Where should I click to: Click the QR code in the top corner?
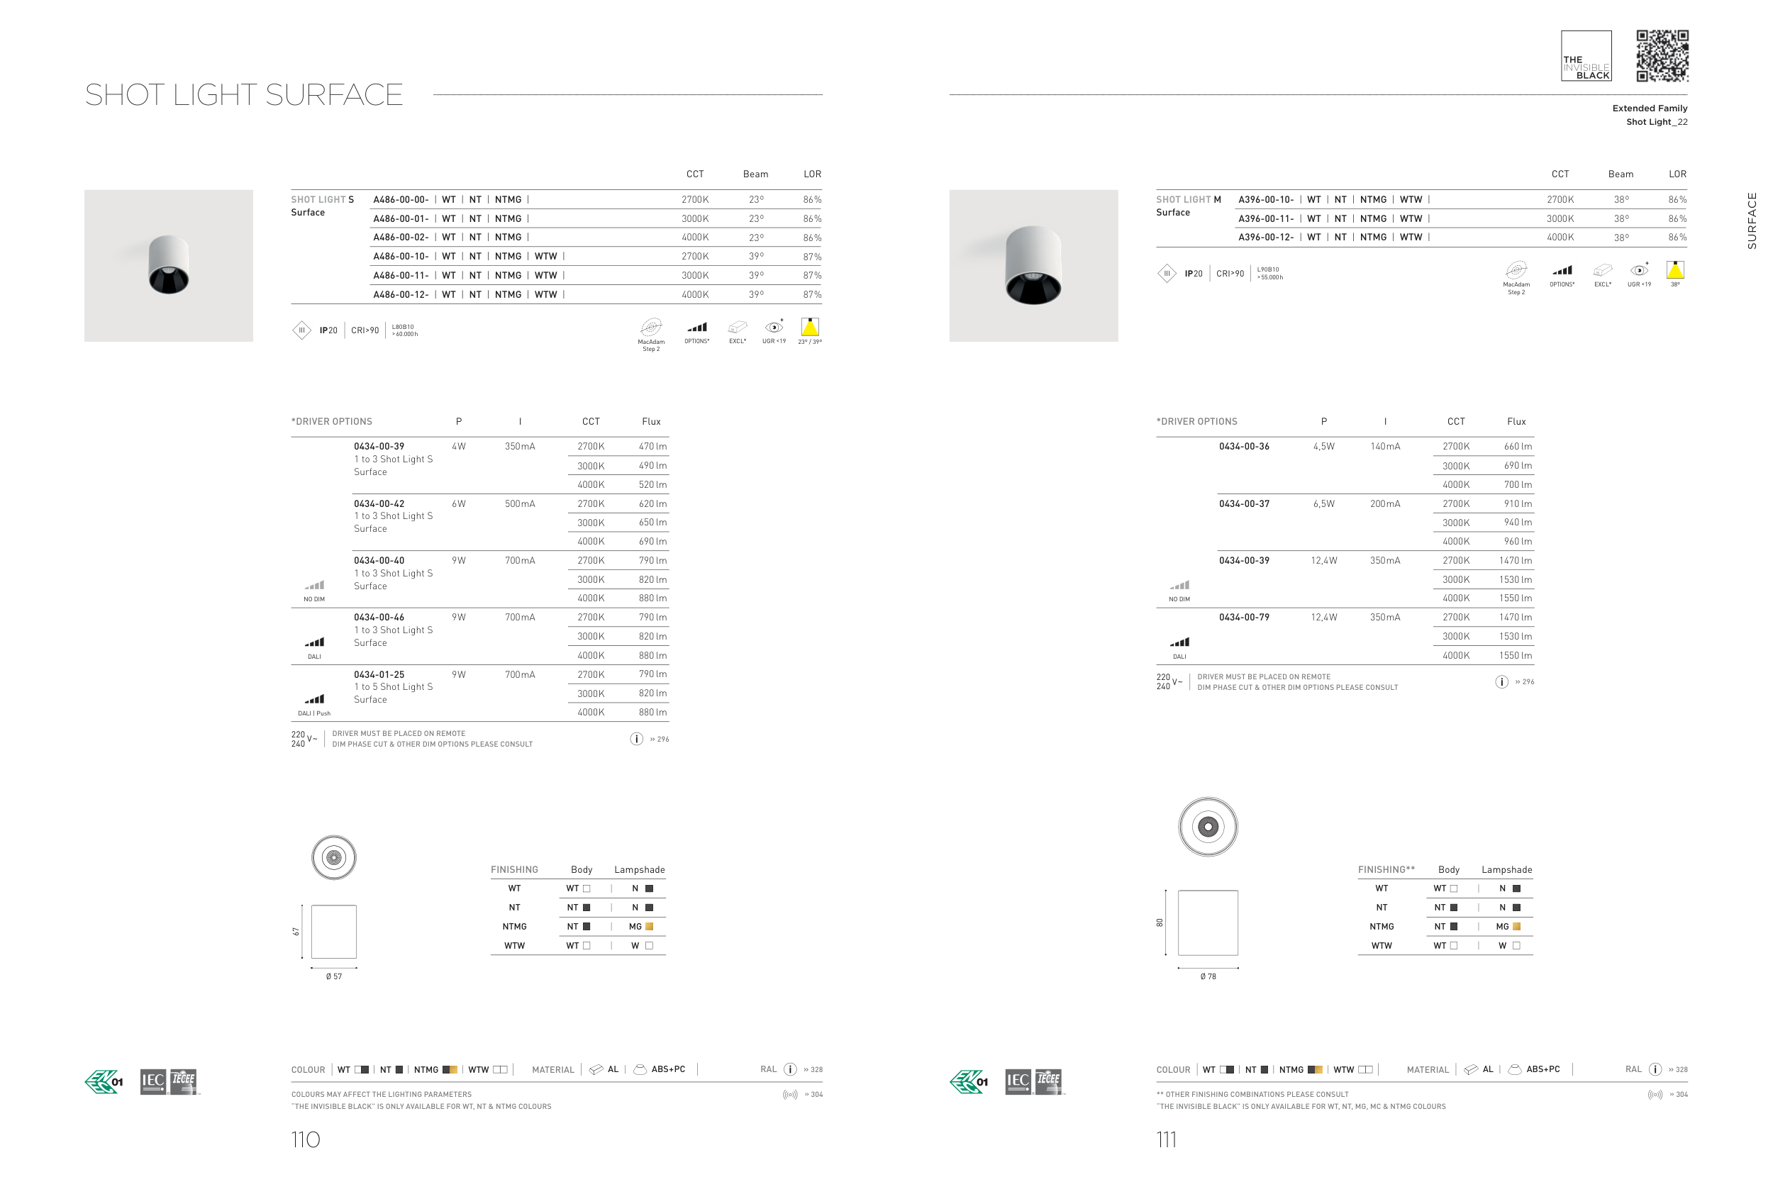coord(1662,56)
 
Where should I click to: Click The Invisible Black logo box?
coord(1586,56)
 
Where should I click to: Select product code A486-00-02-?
coord(401,238)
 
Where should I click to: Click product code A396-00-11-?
coord(1266,218)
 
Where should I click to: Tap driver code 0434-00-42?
coord(379,503)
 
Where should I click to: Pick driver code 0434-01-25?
coord(379,675)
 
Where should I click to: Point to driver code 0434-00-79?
coord(1244,618)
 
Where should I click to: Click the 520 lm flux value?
coord(652,485)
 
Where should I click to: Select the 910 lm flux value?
coord(1518,503)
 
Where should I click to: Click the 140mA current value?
coord(1385,446)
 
